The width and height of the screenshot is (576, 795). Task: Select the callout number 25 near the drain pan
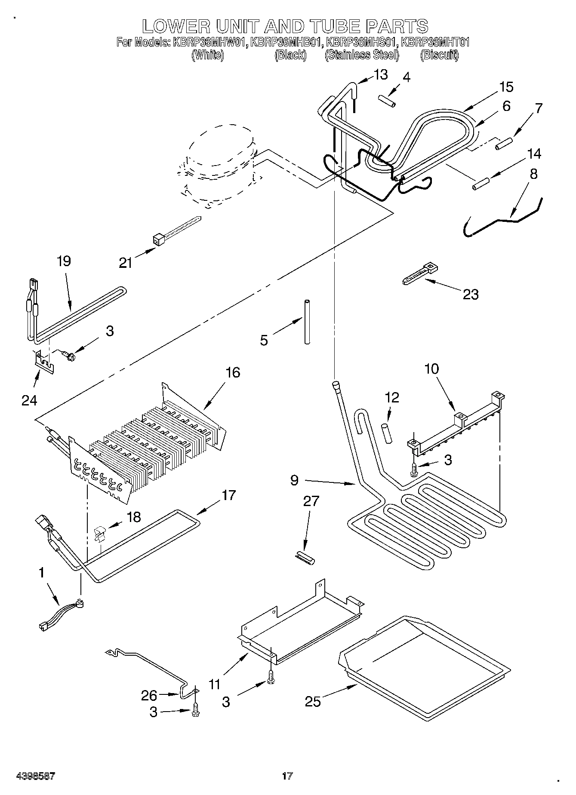pyautogui.click(x=313, y=701)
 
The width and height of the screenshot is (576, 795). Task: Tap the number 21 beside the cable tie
pyautogui.click(x=126, y=263)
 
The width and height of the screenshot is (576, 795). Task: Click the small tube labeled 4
pyautogui.click(x=387, y=102)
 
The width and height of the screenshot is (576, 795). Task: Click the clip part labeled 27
pyautogui.click(x=305, y=560)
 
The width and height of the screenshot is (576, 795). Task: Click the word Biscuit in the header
pyautogui.click(x=439, y=55)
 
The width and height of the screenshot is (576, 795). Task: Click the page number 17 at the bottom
pyautogui.click(x=287, y=776)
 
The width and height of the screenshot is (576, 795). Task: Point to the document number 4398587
pyautogui.click(x=36, y=776)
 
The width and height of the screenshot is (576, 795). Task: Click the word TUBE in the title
pyautogui.click(x=328, y=26)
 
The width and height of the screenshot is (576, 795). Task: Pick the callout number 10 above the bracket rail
pyautogui.click(x=432, y=369)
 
